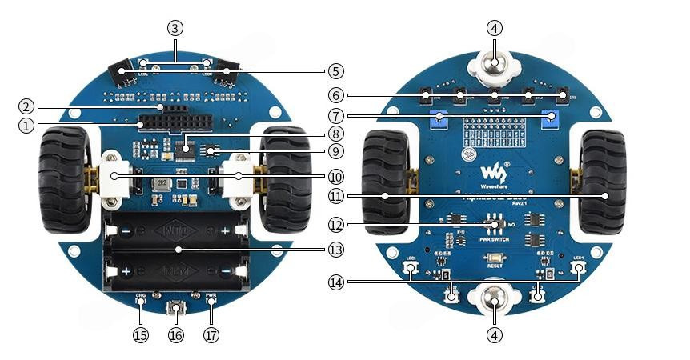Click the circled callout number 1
[26, 125]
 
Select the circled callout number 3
[175, 27]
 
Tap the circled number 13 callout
[336, 250]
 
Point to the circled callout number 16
[176, 335]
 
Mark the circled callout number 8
[336, 134]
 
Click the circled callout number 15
[141, 335]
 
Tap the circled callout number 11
[336, 195]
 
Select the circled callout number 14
[336, 281]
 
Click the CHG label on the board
[141, 295]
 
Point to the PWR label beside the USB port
[211, 295]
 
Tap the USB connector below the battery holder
[176, 308]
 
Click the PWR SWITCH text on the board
[495, 237]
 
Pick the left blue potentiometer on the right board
[438, 121]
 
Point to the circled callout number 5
[336, 70]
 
